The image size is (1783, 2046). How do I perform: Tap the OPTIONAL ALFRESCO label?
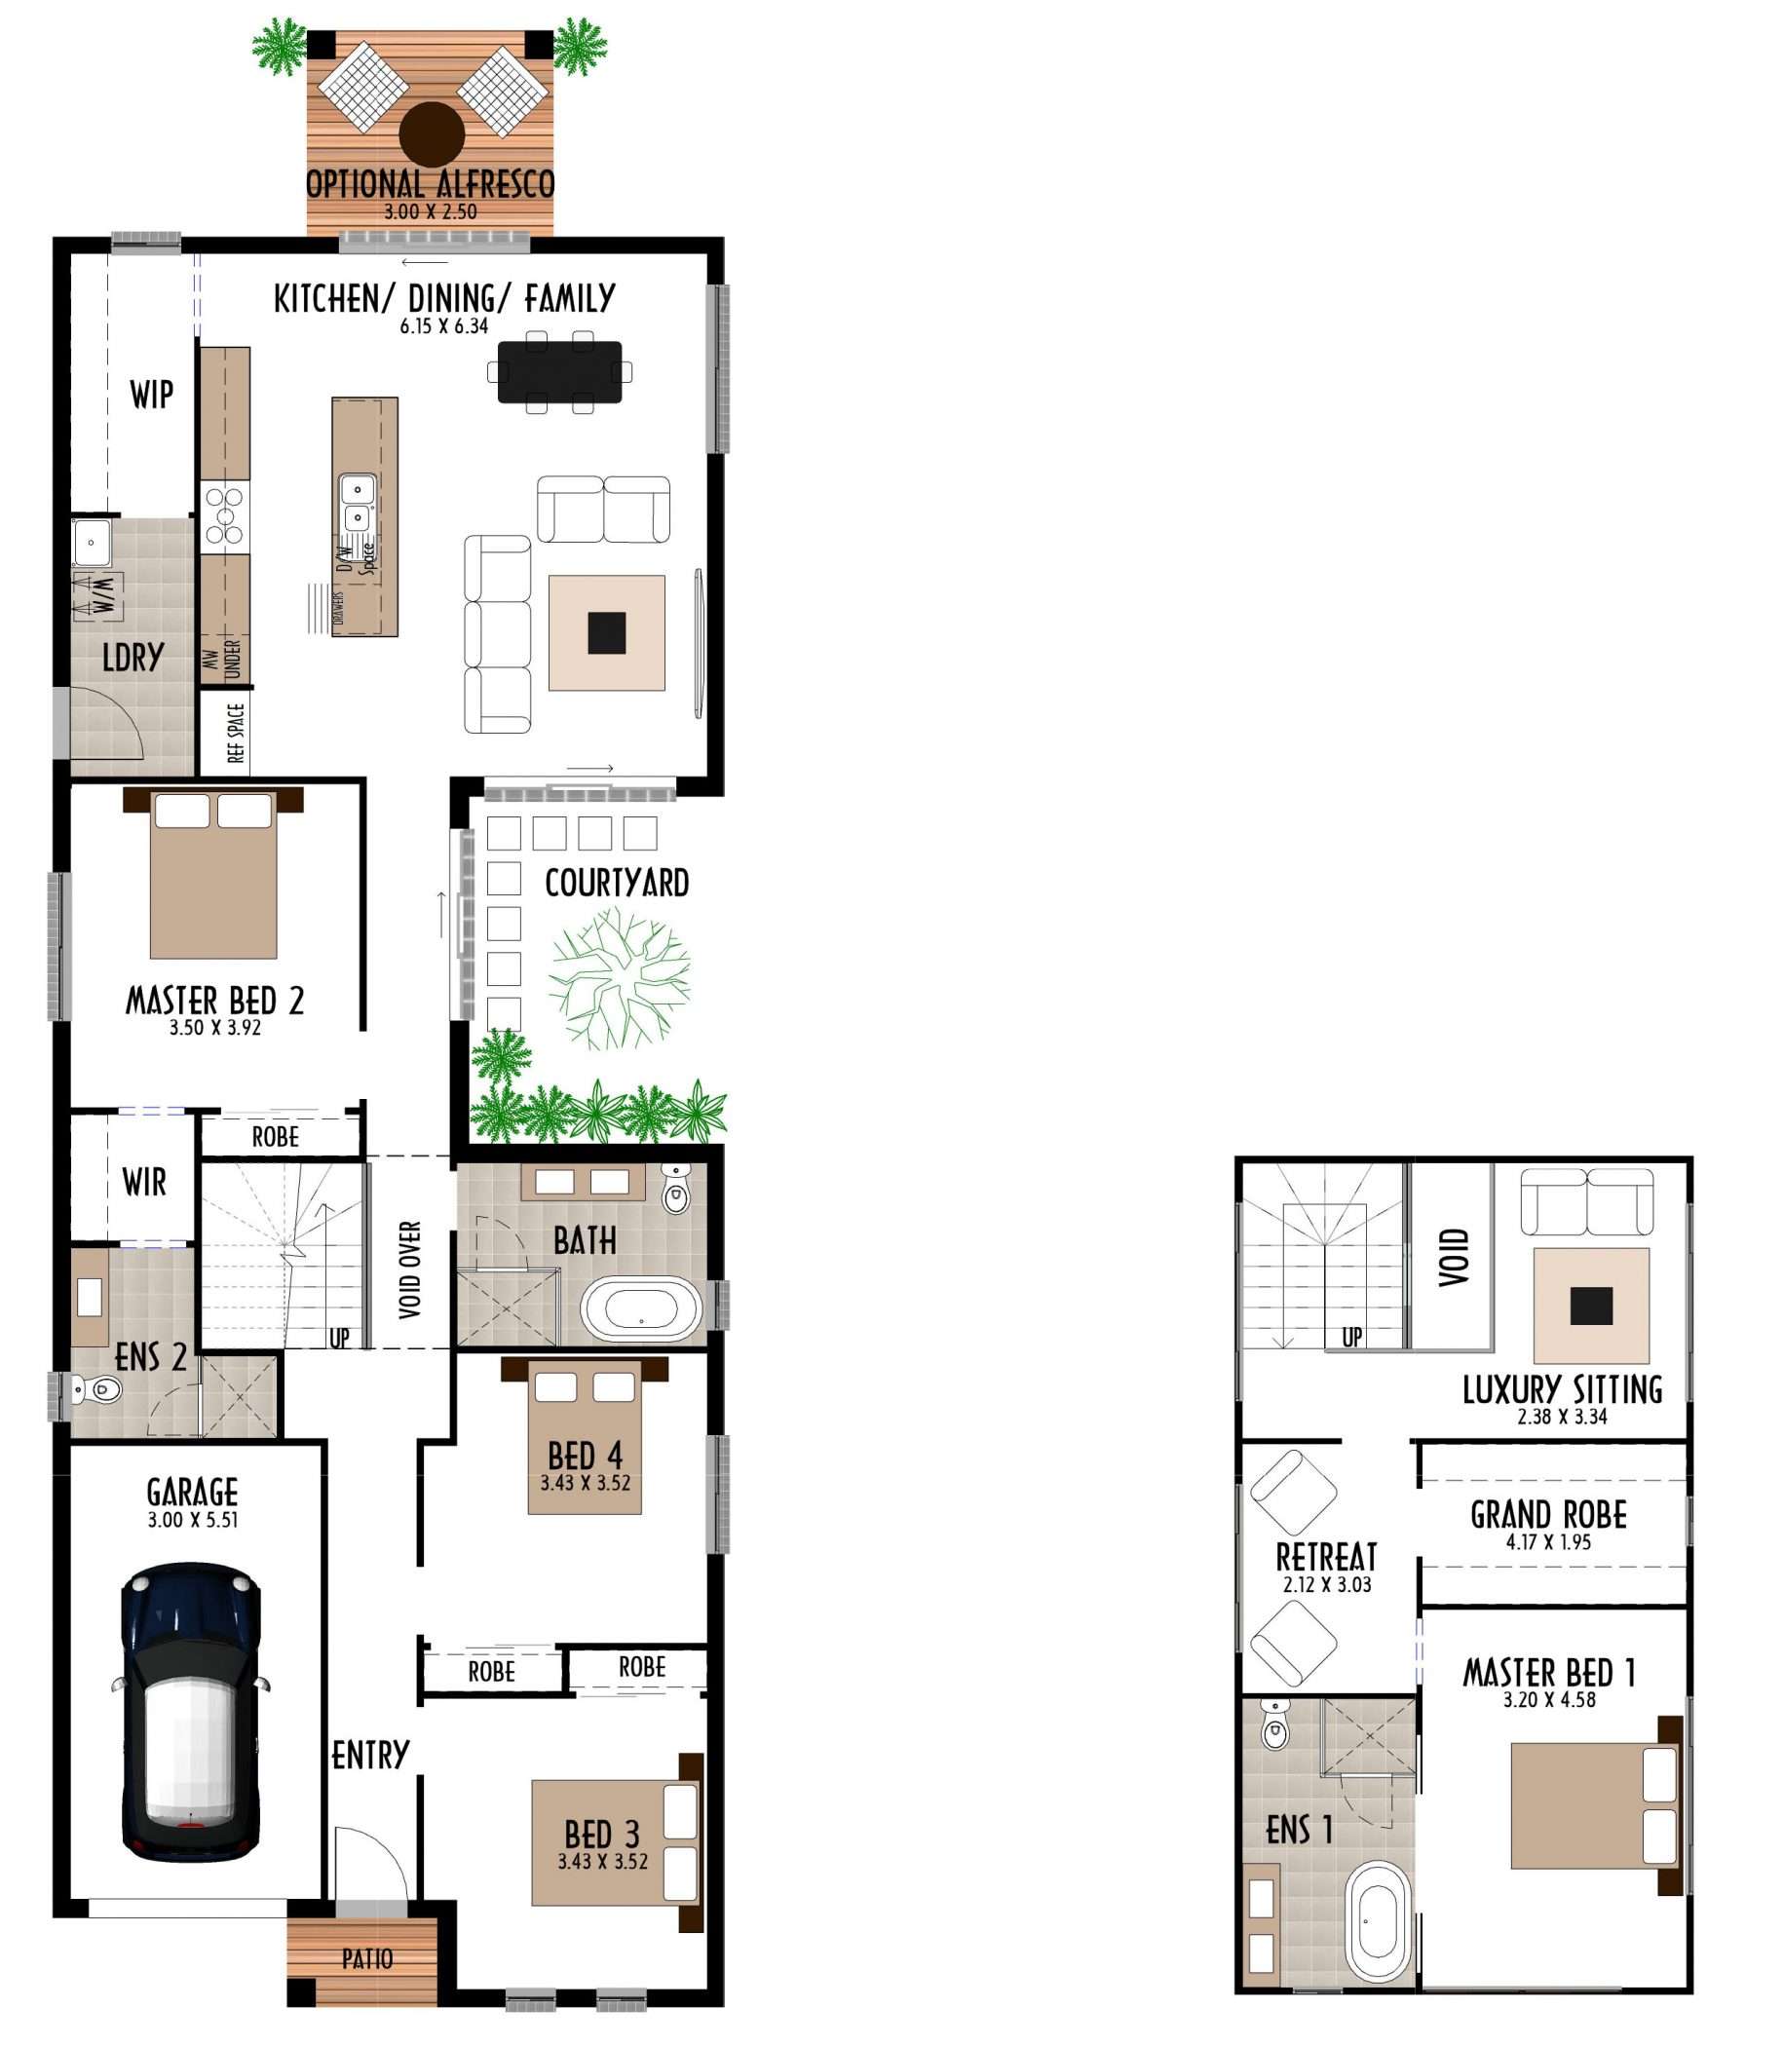[430, 184]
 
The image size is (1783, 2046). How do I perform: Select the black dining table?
[559, 372]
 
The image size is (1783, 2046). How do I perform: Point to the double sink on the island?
[357, 504]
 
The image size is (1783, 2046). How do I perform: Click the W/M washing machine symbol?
[98, 596]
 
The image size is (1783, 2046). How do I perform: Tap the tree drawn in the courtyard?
[619, 978]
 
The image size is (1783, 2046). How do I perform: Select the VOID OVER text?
[410, 1269]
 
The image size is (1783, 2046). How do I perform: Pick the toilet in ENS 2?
[95, 1388]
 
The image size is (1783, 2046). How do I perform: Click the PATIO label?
[367, 1959]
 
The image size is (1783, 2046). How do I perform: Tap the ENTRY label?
[370, 1755]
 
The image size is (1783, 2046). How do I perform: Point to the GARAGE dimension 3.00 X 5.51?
[193, 1520]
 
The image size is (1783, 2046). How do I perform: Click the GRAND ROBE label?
[1548, 1515]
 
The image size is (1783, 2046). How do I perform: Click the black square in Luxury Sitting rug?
[1591, 1306]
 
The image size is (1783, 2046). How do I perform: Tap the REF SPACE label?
[236, 734]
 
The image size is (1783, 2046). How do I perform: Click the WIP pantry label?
[151, 395]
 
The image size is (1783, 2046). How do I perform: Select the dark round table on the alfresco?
[432, 134]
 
